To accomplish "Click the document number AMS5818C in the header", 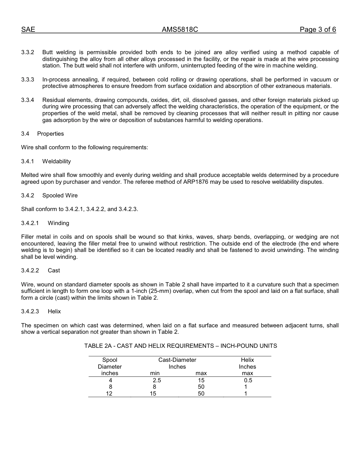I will click(180, 30).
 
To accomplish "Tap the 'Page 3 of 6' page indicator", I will click(318, 30).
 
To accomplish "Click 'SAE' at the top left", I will click(28, 30).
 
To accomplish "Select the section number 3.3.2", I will click(28, 52).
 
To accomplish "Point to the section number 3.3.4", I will click(28, 100).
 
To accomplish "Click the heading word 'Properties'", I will click(50, 134).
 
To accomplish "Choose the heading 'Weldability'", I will click(56, 161).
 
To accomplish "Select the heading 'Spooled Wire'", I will click(60, 195).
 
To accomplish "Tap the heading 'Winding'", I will click(58, 223).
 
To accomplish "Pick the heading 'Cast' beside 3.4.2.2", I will click(54, 271).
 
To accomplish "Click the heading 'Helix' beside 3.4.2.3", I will click(54, 311).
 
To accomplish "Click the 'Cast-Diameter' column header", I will click(177, 360).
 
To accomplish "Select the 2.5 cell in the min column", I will click(157, 380).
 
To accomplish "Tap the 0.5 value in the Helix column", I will click(248, 380).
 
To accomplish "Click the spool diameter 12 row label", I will click(109, 394).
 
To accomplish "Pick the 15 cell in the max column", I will click(201, 380).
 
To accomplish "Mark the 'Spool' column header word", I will click(110, 360).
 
